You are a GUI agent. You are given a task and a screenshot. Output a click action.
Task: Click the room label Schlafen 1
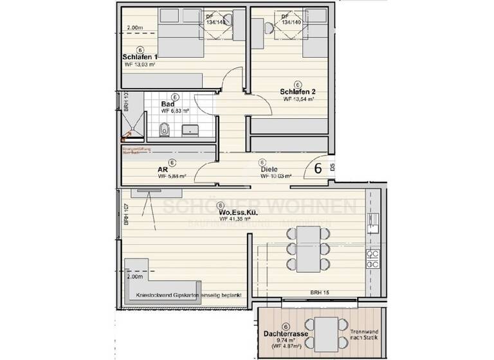click(140, 57)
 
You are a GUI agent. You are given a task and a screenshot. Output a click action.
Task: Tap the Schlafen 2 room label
click(297, 91)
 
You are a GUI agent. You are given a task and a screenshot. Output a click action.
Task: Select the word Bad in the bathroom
click(168, 104)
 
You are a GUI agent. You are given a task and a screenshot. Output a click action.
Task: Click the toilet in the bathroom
click(164, 129)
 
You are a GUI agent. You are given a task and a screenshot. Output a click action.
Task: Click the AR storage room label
click(163, 170)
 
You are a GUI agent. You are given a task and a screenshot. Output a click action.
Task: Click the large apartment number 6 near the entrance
click(318, 169)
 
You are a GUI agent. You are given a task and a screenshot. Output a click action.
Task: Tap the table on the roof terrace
click(329, 330)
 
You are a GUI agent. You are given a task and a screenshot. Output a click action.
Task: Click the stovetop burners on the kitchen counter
click(372, 258)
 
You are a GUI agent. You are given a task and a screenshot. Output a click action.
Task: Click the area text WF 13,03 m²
click(140, 65)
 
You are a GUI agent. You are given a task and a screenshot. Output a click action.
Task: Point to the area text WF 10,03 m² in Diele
click(276, 176)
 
